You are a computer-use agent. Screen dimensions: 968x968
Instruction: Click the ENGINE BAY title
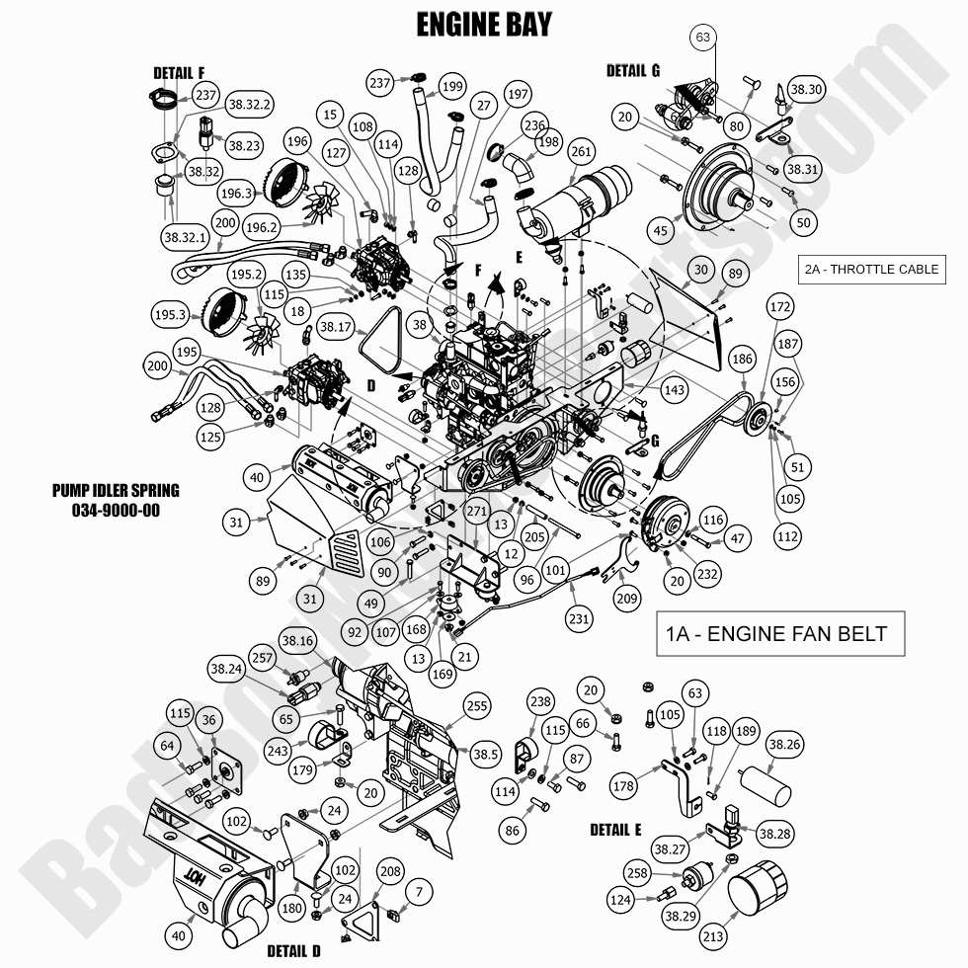coord(483,23)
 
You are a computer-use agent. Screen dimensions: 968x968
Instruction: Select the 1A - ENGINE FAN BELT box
coord(779,633)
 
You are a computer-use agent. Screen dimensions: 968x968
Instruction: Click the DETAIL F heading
coord(179,72)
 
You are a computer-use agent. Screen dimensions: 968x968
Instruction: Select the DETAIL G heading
coord(633,70)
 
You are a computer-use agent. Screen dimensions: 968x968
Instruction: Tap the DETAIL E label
coord(615,829)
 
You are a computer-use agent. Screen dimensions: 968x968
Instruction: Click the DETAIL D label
coord(293,951)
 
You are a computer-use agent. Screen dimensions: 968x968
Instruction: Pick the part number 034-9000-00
coord(117,510)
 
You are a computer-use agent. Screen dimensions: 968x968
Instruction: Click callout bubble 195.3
coord(169,315)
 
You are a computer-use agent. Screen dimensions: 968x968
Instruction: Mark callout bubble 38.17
coord(337,326)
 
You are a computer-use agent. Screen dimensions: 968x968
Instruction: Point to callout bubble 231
coord(579,619)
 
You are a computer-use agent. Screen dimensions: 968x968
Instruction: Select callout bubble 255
coord(477,706)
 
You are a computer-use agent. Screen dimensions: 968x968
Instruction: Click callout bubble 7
coord(419,892)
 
